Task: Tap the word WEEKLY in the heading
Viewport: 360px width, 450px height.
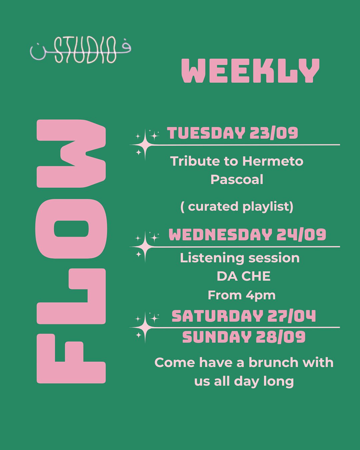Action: point(250,71)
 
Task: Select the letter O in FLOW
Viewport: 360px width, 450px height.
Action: point(71,229)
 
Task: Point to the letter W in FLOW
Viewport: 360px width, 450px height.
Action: point(71,153)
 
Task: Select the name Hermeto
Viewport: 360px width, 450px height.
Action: point(273,161)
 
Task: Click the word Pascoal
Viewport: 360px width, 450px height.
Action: point(237,180)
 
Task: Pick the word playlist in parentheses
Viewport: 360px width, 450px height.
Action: point(268,207)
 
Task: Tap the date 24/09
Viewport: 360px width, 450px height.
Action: point(301,235)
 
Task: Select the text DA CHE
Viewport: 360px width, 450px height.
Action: point(243,276)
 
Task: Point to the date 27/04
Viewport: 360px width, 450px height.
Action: point(292,316)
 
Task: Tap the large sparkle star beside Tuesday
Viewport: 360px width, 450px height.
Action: point(145,144)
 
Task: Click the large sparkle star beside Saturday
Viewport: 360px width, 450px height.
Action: point(145,327)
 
